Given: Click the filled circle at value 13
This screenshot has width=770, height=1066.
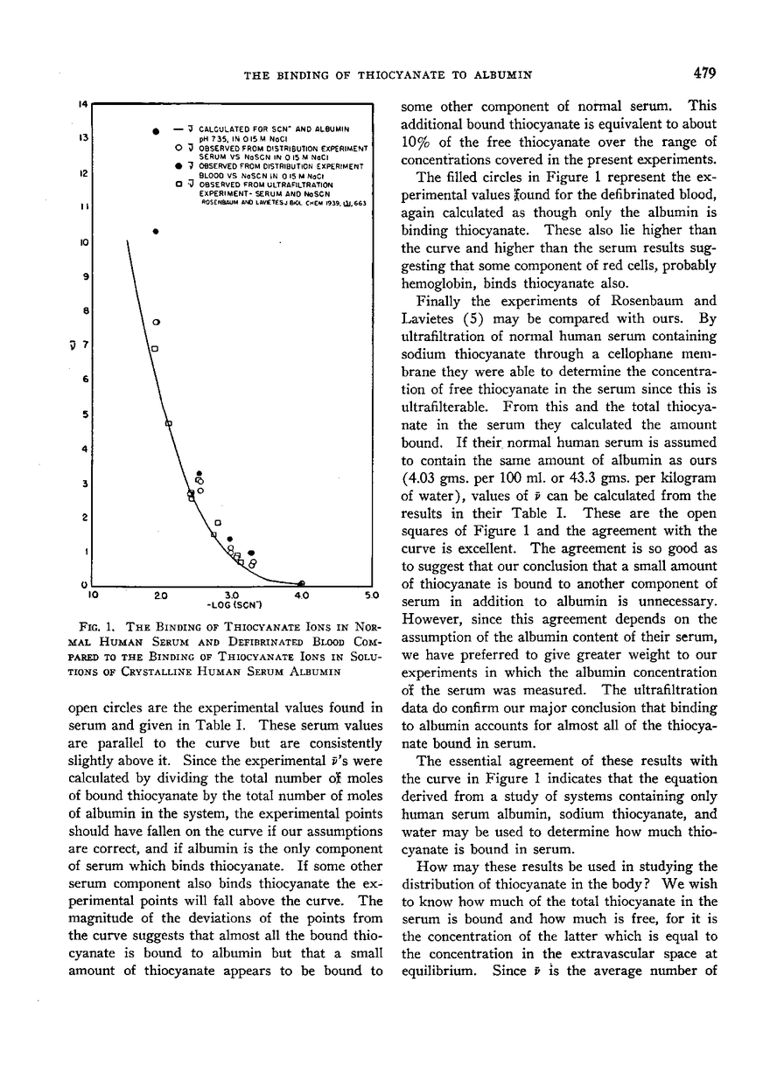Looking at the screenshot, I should click(x=156, y=131).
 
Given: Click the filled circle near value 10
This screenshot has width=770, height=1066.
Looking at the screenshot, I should click(x=156, y=232).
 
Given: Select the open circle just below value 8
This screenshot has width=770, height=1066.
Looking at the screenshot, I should click(x=156, y=323).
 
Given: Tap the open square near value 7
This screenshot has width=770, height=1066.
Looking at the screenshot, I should click(x=155, y=349).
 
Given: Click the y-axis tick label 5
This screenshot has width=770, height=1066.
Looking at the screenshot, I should click(x=83, y=414).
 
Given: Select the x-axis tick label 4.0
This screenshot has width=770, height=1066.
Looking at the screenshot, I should click(x=302, y=596).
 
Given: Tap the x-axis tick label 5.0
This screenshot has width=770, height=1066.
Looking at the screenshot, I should click(x=370, y=596).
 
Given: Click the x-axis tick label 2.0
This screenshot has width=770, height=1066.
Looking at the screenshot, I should click(x=161, y=596).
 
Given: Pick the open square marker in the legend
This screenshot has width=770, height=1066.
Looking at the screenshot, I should click(x=178, y=184).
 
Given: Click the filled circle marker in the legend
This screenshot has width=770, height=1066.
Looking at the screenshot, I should click(x=178, y=164).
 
